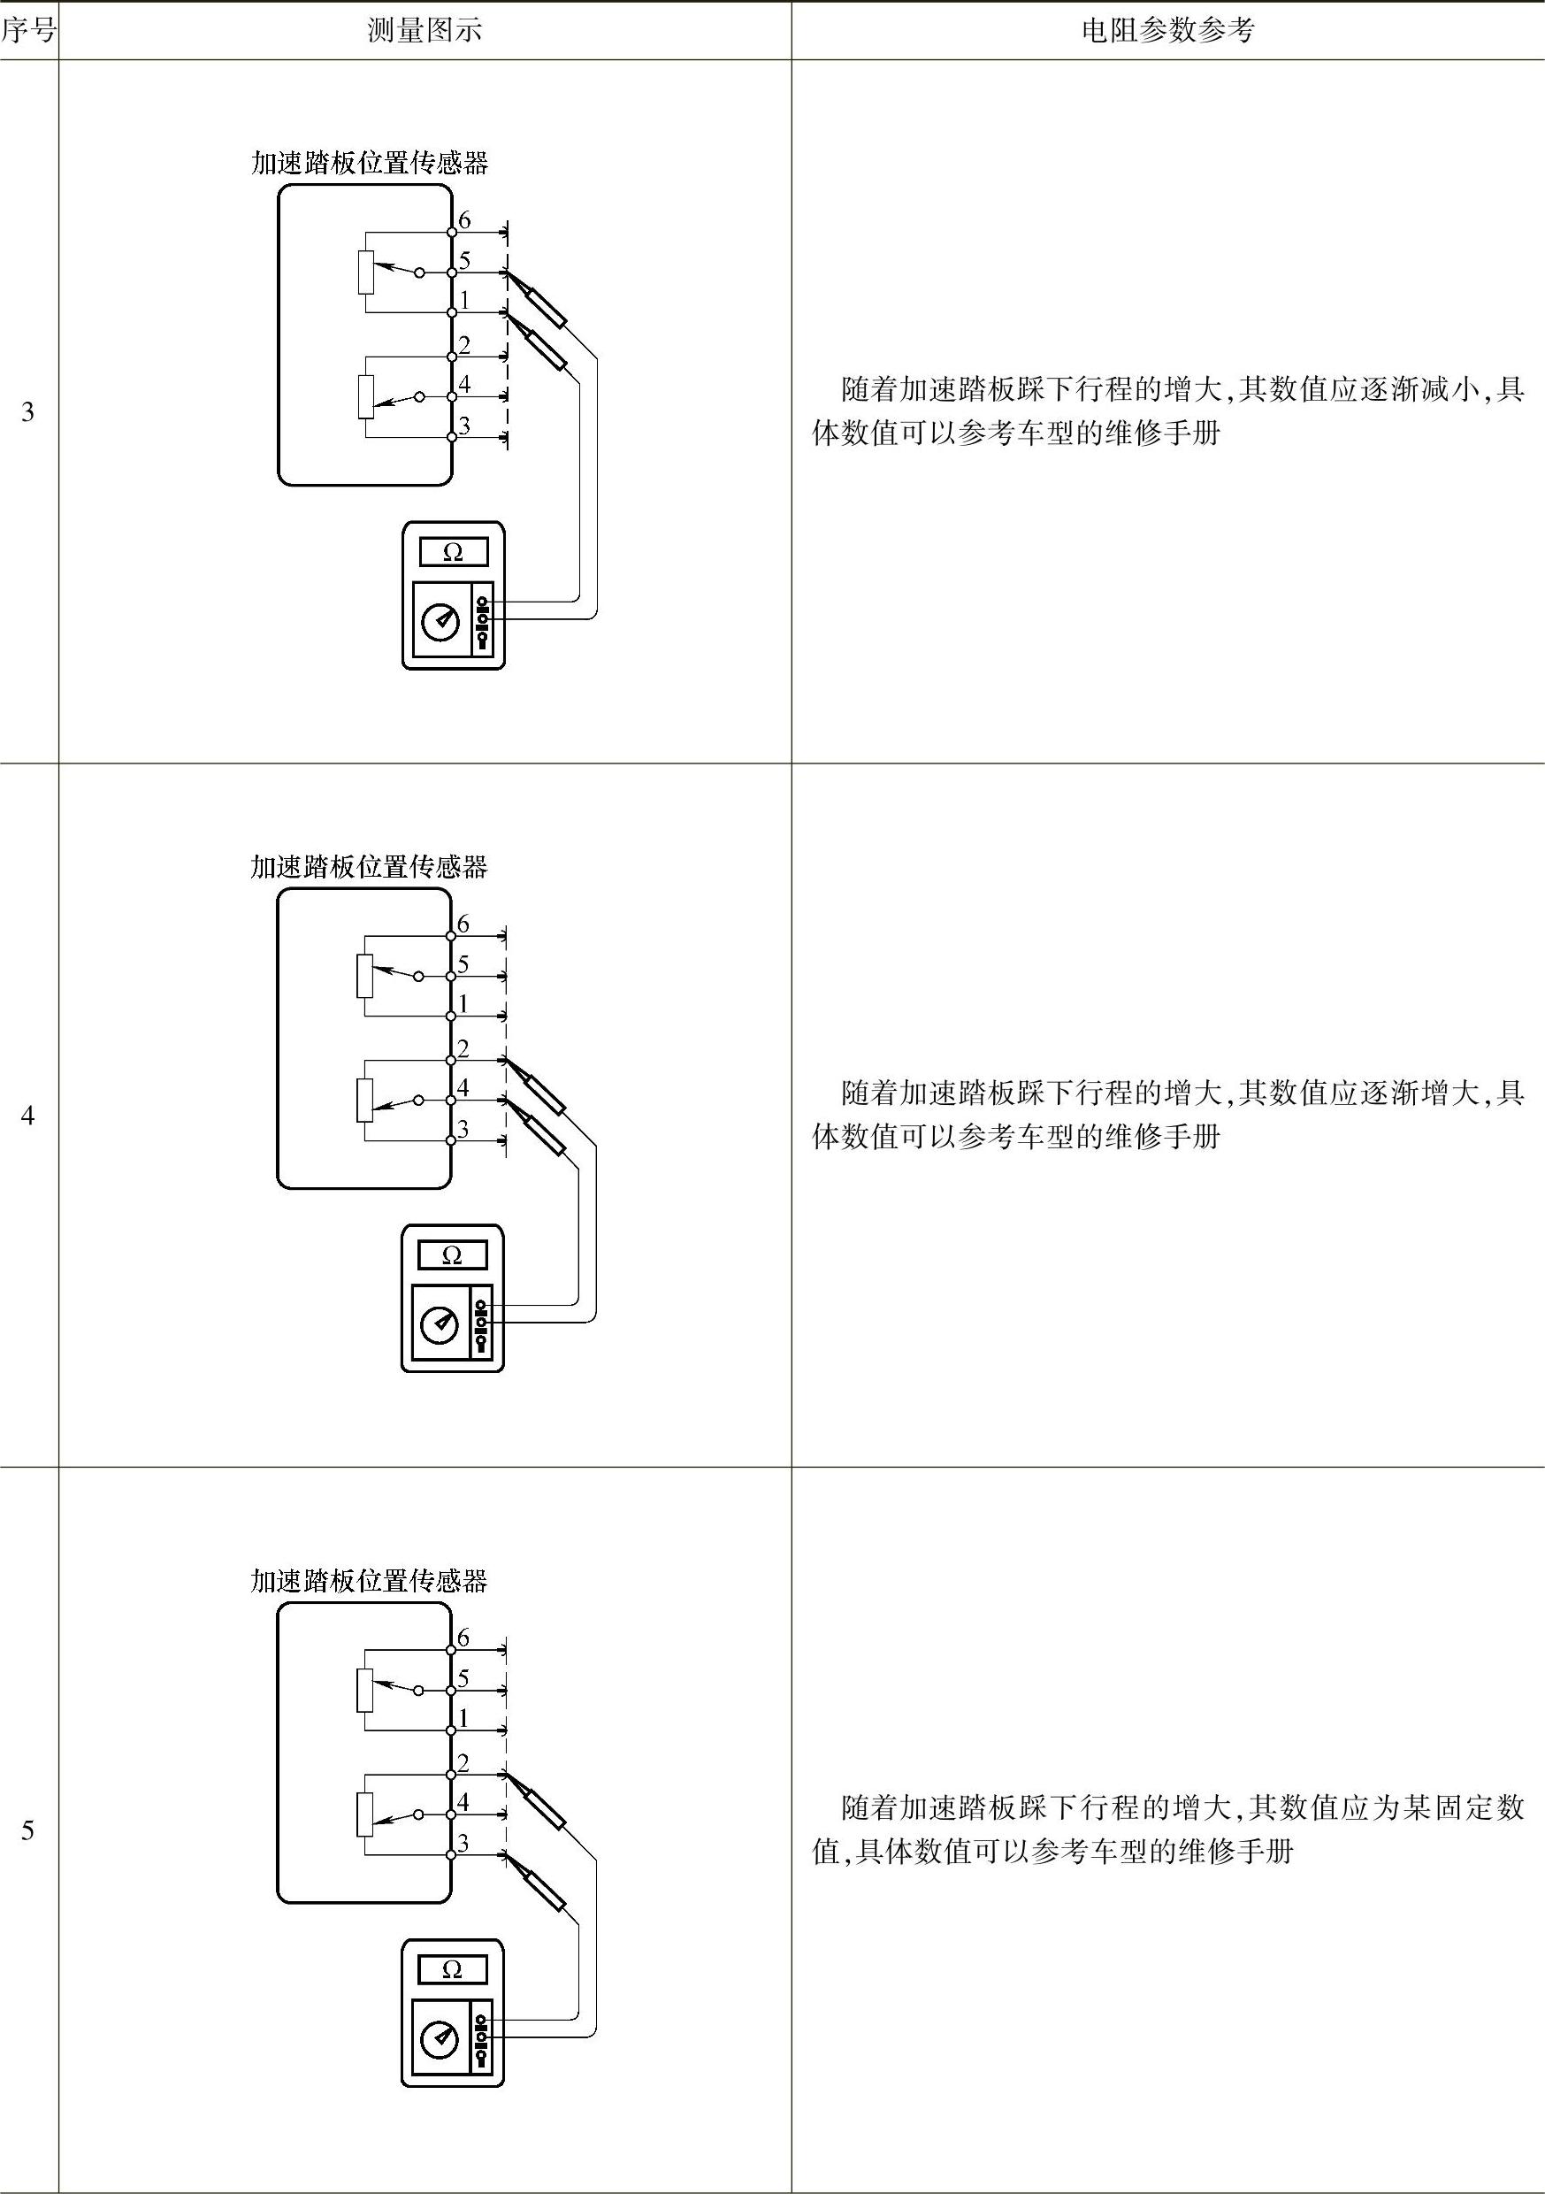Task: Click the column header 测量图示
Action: (x=424, y=32)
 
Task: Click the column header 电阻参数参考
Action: (x=1166, y=32)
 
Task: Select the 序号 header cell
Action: (x=27, y=32)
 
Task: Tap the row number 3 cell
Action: (x=27, y=412)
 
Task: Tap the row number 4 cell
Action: (x=27, y=1116)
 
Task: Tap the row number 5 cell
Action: (x=27, y=1830)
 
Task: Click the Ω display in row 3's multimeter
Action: (x=453, y=552)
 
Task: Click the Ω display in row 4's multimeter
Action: (x=452, y=1255)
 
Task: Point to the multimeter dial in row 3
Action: (x=440, y=622)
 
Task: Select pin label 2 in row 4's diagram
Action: (x=463, y=1048)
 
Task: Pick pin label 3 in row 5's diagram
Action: (x=463, y=1844)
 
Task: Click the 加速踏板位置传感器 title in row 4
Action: (x=369, y=867)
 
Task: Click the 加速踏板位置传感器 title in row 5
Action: (x=369, y=1582)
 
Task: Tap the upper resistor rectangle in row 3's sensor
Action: (x=365, y=272)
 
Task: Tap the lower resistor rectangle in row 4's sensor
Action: (x=364, y=1100)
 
